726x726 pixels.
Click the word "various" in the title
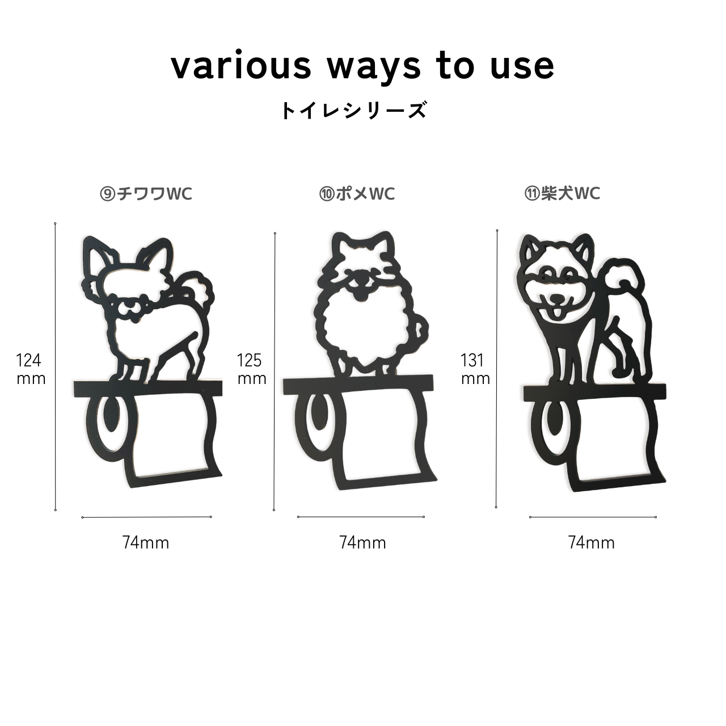pos(241,66)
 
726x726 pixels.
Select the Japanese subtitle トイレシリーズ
pos(354,110)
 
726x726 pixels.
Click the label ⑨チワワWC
pos(146,194)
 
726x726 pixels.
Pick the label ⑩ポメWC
pos(357,194)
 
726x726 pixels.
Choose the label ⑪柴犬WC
pos(562,193)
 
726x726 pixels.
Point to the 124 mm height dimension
pos(31,369)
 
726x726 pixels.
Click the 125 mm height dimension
pos(252,369)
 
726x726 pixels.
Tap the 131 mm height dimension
pos(475,369)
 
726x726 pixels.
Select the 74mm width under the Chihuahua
pos(146,543)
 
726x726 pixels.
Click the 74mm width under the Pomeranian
pos(362,543)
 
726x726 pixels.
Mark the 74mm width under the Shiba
pos(592,543)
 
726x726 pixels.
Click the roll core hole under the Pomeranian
pos(319,412)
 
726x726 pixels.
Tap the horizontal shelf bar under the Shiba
pos(594,392)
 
